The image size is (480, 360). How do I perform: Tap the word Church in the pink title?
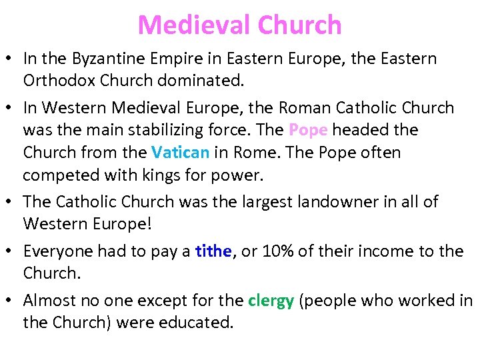click(299, 25)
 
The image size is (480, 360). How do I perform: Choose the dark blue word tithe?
click(213, 251)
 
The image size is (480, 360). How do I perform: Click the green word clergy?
click(271, 301)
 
